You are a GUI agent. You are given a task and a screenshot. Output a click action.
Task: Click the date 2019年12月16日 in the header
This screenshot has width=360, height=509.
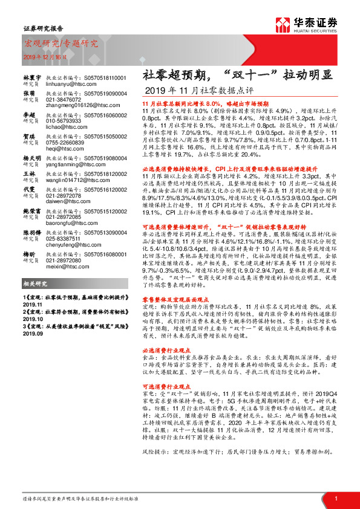[x=41, y=56]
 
